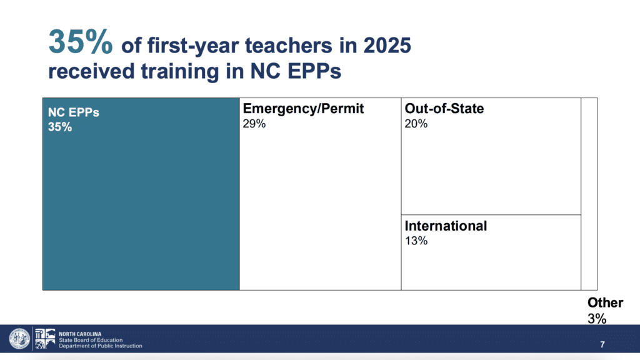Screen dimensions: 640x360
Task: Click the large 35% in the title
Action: coord(81,42)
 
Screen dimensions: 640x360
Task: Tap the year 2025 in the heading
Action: coord(387,45)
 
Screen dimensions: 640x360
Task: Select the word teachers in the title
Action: coord(289,45)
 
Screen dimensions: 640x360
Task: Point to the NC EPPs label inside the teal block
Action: coord(74,112)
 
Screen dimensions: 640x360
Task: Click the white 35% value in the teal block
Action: coord(60,127)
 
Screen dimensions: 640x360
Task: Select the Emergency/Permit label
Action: coord(303,109)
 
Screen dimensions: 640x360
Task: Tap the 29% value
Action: coord(254,124)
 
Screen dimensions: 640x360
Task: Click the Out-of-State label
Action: coord(444,109)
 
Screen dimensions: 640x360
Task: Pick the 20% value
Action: coord(416,124)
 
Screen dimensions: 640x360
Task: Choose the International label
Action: coord(446,226)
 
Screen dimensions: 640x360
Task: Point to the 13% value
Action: coord(416,241)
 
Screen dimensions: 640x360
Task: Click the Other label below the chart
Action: coord(605,303)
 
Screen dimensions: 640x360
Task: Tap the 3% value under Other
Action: coord(597,318)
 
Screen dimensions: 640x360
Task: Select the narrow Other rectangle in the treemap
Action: coord(589,194)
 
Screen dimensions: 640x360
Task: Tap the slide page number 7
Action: coord(602,345)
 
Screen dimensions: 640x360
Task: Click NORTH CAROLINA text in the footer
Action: coord(80,334)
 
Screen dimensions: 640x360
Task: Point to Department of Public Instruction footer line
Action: coord(101,346)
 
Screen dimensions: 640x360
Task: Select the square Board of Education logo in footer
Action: coord(45,339)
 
